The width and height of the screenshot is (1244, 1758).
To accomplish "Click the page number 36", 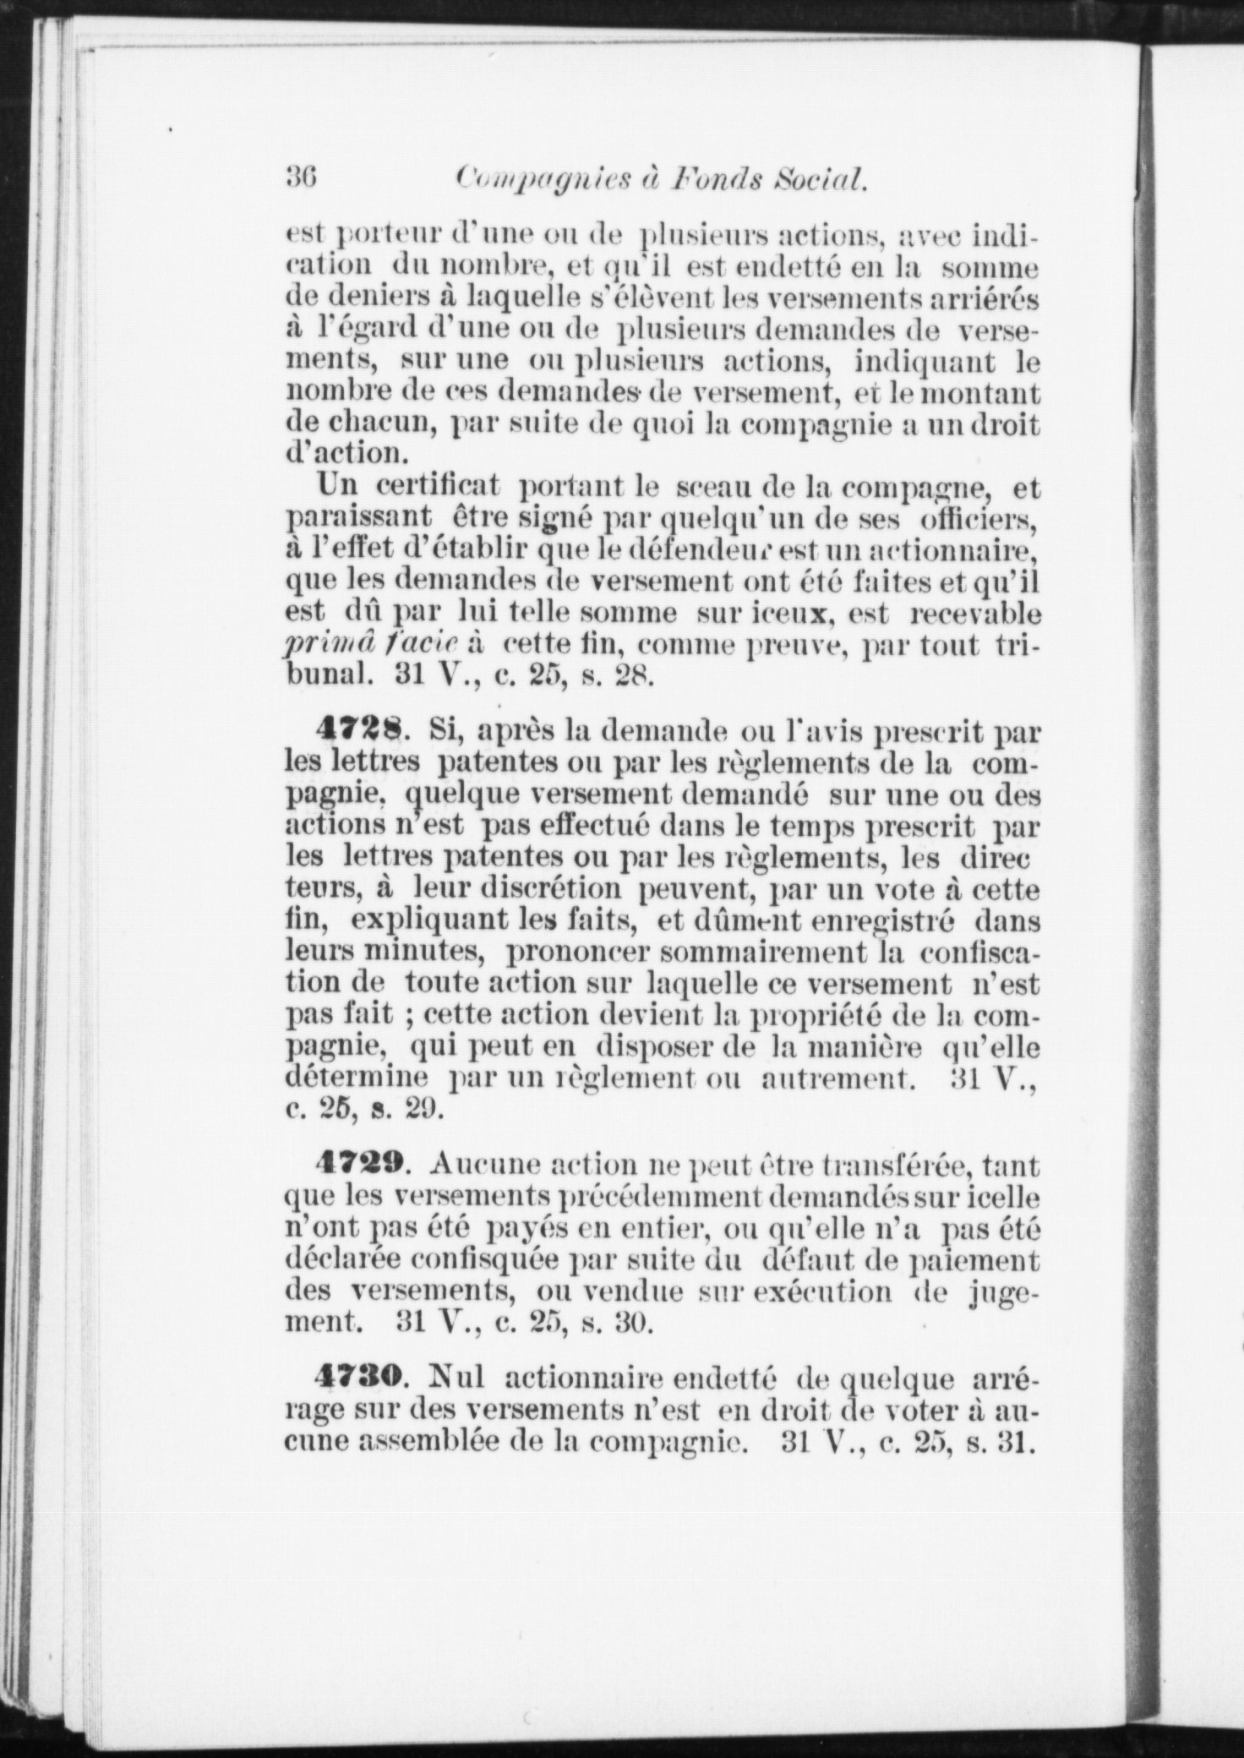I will point(301,178).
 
